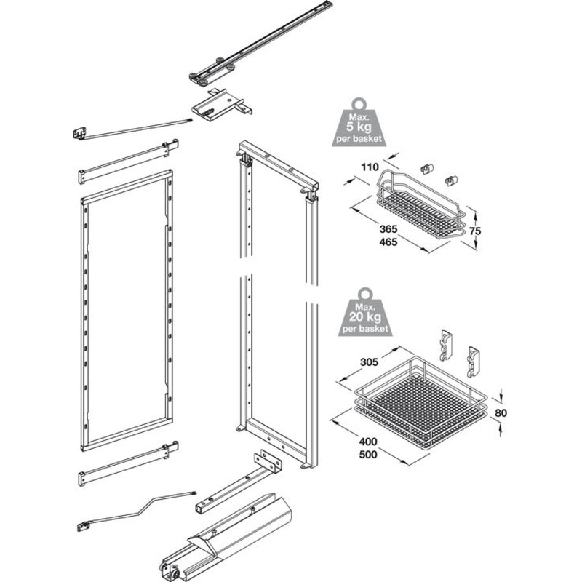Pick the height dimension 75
476,231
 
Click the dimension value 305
370,360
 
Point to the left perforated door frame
127,313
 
